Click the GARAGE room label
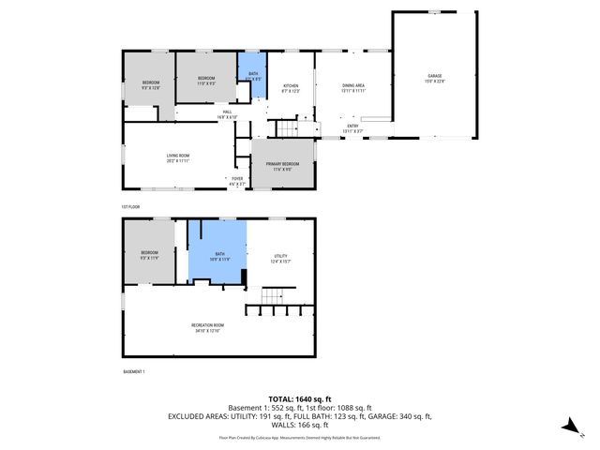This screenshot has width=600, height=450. point(434,77)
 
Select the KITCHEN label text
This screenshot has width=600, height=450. point(291,88)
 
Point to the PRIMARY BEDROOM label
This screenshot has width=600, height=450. point(282,166)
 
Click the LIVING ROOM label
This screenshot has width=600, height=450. point(178,157)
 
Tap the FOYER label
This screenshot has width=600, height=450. point(237,180)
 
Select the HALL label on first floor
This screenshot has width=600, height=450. point(227,113)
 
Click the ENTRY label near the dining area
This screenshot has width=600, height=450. point(352,127)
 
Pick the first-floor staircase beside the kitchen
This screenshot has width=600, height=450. point(285,128)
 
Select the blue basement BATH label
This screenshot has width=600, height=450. point(219,255)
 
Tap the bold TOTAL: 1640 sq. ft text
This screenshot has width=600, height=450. point(299,399)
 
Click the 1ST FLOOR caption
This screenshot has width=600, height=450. point(130,206)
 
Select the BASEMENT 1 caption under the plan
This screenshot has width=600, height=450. point(134,372)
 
